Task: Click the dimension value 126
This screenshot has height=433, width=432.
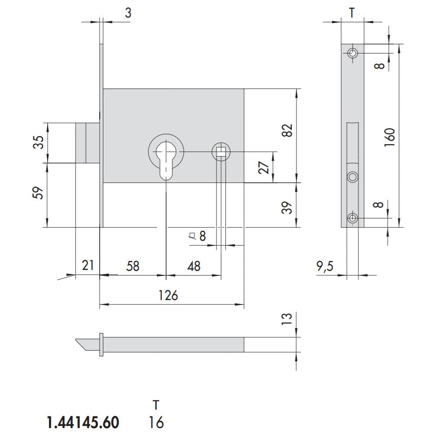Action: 168,296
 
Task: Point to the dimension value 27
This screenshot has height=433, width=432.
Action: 265,167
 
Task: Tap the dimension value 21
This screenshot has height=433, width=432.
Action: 88,265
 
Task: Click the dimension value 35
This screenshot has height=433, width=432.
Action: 40,142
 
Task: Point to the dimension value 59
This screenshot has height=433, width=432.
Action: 40,193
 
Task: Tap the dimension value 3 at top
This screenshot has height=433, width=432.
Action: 128,13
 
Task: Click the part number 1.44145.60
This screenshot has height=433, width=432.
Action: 84,423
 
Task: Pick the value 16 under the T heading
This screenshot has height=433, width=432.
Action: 156,423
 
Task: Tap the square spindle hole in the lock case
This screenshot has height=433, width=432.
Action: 220,152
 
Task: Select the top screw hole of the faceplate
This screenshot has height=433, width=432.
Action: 353,53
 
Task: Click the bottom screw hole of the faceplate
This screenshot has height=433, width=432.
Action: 353,219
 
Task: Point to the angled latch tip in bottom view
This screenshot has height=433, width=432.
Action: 85,344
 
